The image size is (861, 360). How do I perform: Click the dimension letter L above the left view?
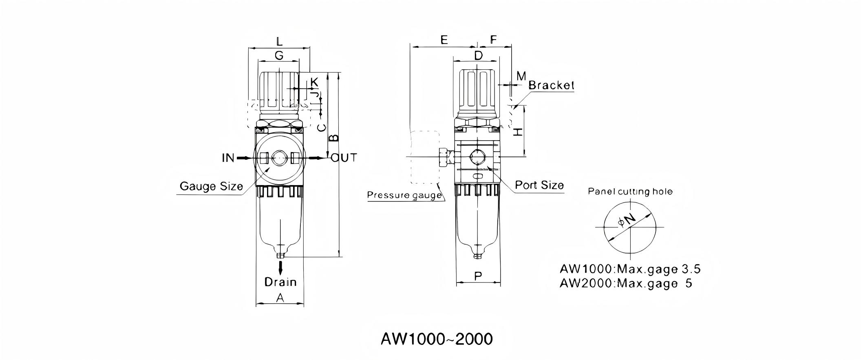(x=279, y=41)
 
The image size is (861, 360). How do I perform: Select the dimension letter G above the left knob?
(x=279, y=55)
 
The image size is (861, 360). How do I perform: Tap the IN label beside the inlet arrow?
(x=228, y=158)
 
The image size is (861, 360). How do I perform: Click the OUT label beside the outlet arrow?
(x=344, y=157)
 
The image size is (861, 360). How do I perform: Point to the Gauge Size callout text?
(x=211, y=186)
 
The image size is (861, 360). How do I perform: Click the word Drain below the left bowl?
(x=280, y=282)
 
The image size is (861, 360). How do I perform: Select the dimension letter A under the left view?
(x=280, y=298)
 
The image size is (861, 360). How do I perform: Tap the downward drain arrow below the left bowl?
(x=280, y=268)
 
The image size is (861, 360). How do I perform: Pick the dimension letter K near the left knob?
(x=314, y=82)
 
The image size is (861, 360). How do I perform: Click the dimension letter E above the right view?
(x=444, y=40)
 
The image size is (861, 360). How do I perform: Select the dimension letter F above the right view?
(x=493, y=40)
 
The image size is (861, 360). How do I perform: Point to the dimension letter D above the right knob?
(x=478, y=55)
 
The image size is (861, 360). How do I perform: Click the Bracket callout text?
(x=551, y=85)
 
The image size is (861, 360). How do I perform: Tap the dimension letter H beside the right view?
(x=518, y=132)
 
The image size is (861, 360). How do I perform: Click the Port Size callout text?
(x=539, y=185)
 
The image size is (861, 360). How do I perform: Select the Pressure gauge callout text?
(x=404, y=195)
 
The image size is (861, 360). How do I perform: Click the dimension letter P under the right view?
(x=478, y=276)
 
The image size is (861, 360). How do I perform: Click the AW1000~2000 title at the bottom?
(x=437, y=339)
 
